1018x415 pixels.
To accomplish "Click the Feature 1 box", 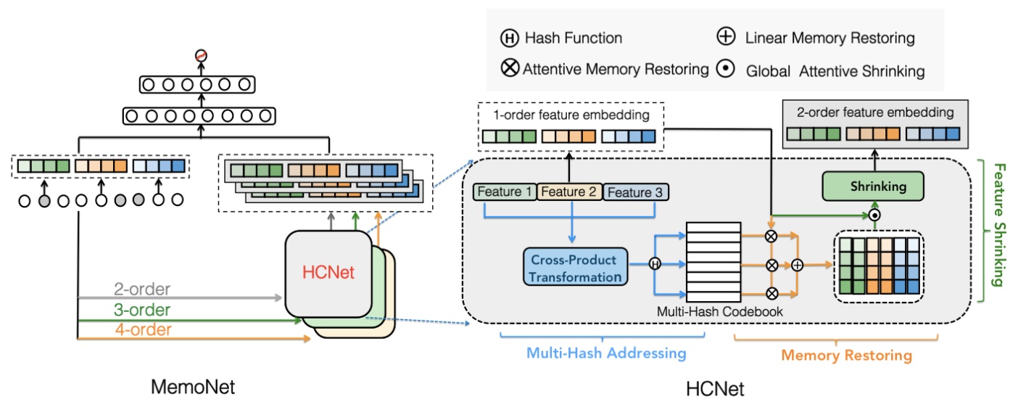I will click(x=504, y=192).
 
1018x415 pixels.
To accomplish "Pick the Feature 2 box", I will click(x=568, y=192).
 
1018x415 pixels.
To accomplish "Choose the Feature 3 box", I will click(x=636, y=192).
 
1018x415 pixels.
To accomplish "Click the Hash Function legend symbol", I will click(x=508, y=38).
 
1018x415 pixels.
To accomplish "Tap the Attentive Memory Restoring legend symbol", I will click(x=509, y=70).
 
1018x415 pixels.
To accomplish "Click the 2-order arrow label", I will click(x=142, y=289).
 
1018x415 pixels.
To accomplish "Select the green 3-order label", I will click(x=142, y=310).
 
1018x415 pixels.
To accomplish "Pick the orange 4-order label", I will click(x=142, y=329).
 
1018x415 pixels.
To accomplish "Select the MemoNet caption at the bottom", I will click(x=193, y=387).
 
